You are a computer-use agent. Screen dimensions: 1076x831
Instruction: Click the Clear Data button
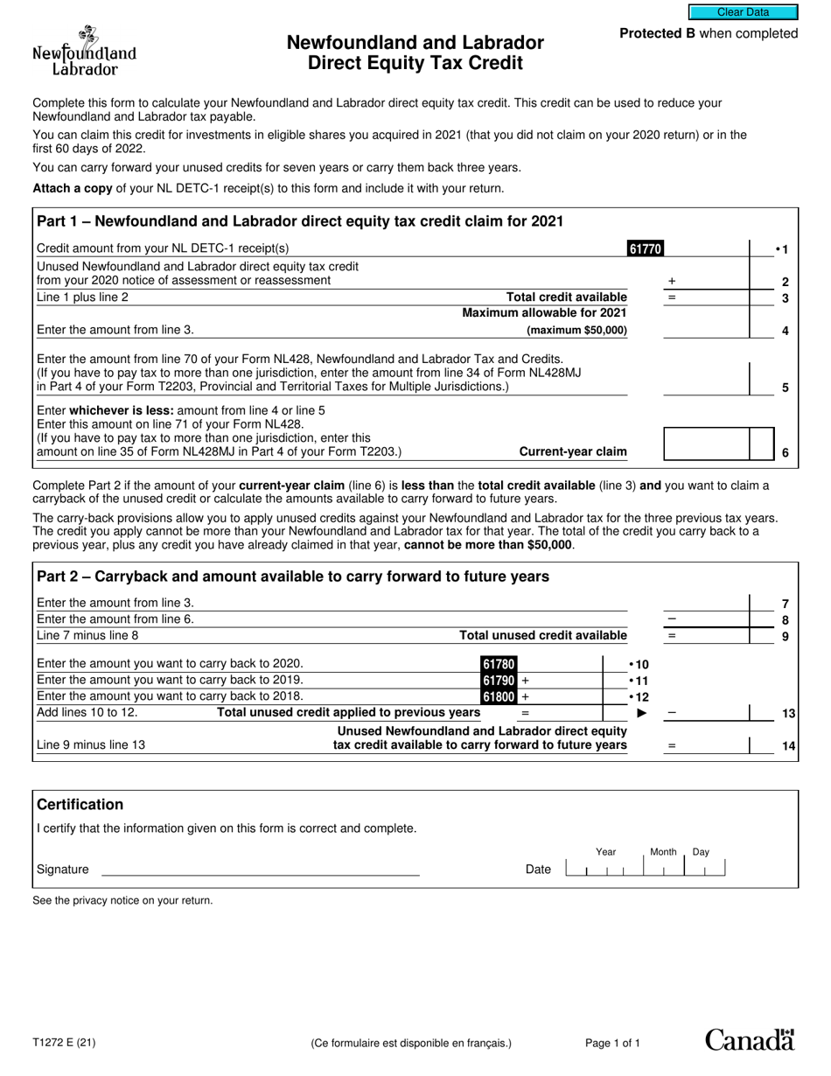743,12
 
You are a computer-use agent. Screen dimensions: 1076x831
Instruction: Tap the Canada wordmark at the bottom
750,1039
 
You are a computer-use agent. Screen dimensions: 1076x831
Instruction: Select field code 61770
645,248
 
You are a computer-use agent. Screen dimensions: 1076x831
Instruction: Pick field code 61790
497,681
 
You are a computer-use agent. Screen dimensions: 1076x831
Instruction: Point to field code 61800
497,697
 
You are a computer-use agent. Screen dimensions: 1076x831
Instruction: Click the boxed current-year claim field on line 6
707,444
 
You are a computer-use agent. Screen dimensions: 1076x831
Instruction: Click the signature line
261,870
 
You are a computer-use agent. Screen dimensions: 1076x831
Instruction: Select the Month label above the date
663,852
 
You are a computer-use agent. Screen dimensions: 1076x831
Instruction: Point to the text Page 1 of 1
612,1043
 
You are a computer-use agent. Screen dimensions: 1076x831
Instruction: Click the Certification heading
80,805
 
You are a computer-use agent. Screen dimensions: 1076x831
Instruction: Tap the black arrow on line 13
641,714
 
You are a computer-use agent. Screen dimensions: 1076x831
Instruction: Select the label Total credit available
567,297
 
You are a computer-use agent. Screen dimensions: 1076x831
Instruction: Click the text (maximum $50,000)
576,331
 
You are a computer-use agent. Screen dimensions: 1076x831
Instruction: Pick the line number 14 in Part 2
788,746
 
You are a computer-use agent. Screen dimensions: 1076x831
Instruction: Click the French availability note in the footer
410,1043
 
